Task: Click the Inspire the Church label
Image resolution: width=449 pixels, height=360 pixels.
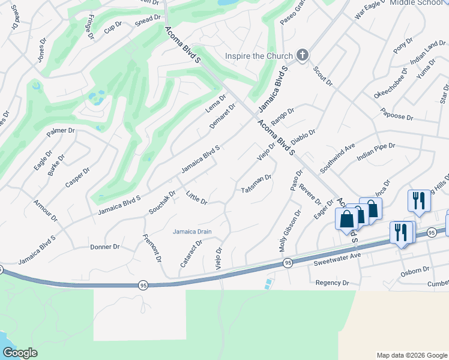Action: click(x=258, y=56)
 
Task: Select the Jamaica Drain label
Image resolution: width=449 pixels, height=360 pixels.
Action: click(x=192, y=232)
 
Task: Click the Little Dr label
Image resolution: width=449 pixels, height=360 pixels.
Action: click(x=196, y=197)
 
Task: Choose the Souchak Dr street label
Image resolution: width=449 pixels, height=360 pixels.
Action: click(x=162, y=203)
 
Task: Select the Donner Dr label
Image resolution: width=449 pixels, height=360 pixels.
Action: click(x=105, y=247)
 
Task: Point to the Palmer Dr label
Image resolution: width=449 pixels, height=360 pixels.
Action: click(x=62, y=130)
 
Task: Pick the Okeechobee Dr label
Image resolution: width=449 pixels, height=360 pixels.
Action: click(x=390, y=83)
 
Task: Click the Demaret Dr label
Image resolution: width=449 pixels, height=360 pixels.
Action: click(x=222, y=116)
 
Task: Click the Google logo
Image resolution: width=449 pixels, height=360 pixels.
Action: click(x=20, y=353)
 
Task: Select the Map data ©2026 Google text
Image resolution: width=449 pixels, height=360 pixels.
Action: click(x=411, y=355)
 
